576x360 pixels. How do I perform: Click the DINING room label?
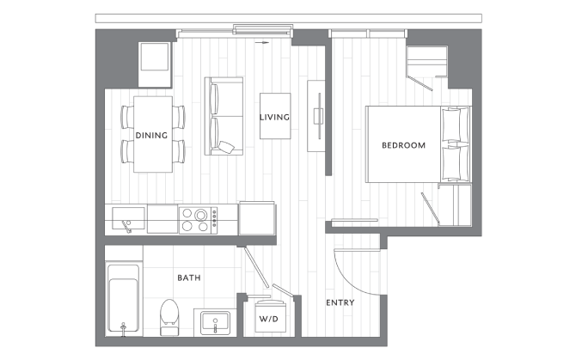click(x=151, y=135)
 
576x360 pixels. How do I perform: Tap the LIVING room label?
click(x=274, y=118)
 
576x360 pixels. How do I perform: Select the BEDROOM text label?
click(x=403, y=145)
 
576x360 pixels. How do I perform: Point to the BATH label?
click(x=189, y=278)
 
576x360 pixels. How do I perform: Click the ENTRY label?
click(x=340, y=302)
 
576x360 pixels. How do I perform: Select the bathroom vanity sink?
click(x=214, y=323)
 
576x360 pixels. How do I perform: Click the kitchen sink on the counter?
click(x=124, y=217)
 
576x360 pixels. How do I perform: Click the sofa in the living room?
click(x=223, y=117)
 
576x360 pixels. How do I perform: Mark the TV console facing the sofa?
click(x=317, y=115)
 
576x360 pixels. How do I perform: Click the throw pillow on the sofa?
click(x=227, y=147)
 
